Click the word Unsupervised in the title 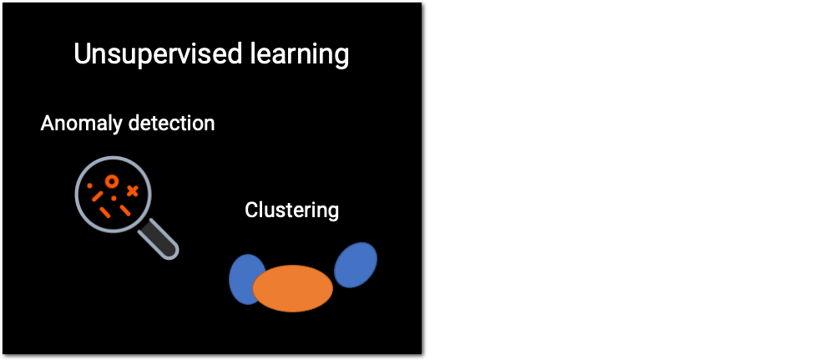click(159, 54)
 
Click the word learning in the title click(301, 55)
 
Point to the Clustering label click(291, 210)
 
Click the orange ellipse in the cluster click(293, 288)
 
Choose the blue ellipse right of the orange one click(356, 263)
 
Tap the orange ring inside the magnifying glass click(110, 180)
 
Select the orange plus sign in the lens click(132, 191)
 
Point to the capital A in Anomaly click(48, 124)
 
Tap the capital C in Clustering click(251, 210)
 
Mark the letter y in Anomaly click(118, 126)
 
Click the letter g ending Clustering click(333, 213)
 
